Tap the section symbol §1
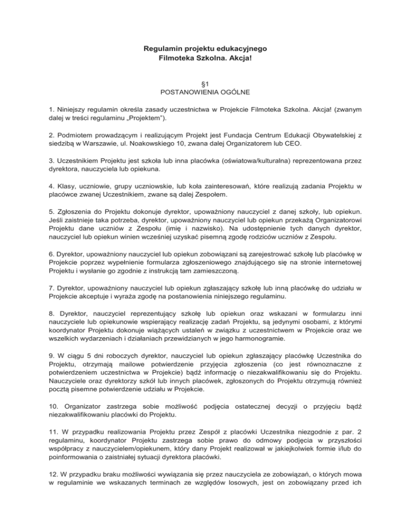205,86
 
